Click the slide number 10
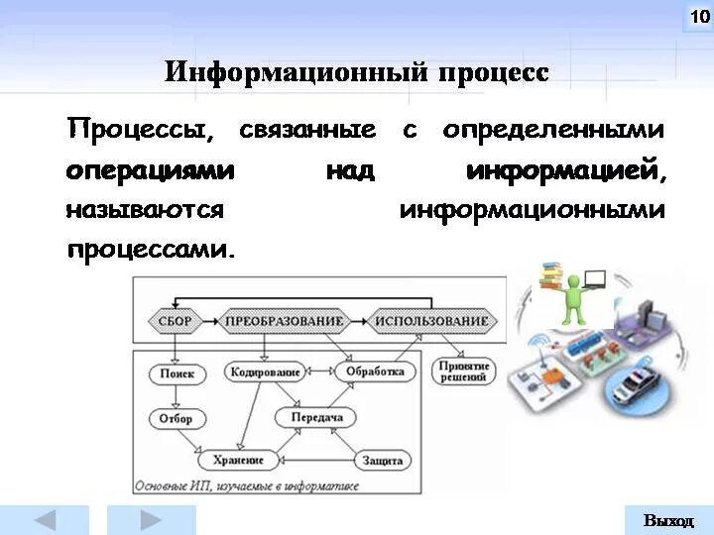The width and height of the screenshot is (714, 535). [x=697, y=17]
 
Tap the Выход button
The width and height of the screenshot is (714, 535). [x=668, y=520]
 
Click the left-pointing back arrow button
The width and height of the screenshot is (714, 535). [x=48, y=520]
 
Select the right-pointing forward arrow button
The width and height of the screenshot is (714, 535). [x=151, y=520]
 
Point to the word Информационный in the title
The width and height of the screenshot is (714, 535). [x=295, y=72]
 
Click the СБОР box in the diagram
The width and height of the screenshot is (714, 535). [x=176, y=321]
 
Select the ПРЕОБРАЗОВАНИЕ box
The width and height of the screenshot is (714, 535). [x=284, y=321]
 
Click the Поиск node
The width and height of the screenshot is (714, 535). [x=178, y=374]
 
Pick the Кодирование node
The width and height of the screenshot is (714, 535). [x=265, y=373]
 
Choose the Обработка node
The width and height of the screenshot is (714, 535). [x=376, y=372]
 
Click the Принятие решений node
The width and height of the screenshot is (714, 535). [x=463, y=372]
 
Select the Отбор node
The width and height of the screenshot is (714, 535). [x=176, y=418]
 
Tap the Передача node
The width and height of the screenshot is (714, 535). [x=317, y=418]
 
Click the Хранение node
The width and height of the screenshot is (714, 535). [x=238, y=460]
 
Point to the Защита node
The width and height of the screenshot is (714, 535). [x=383, y=460]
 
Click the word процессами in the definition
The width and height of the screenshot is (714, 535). [x=152, y=248]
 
